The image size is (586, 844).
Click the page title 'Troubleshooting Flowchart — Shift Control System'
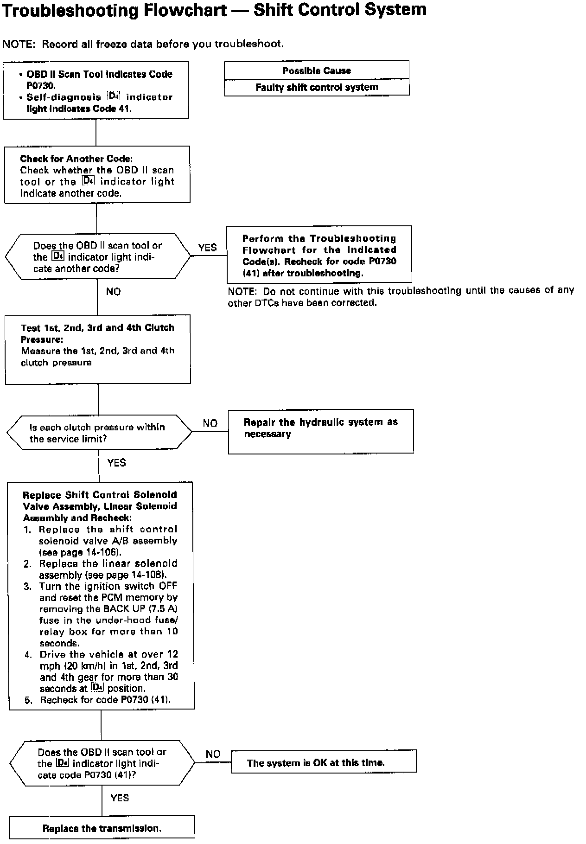[214, 10]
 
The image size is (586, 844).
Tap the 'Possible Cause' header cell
[317, 71]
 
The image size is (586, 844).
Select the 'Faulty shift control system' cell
[317, 87]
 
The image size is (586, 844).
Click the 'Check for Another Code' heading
[76, 159]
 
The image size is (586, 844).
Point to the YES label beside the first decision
[207, 248]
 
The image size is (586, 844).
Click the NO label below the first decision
[113, 292]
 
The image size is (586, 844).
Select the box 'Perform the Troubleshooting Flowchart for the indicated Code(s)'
[319, 255]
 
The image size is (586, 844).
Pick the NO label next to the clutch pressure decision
[210, 423]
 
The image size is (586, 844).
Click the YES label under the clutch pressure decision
[116, 463]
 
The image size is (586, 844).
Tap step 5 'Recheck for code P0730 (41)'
[105, 700]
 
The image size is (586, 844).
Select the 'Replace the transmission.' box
[102, 828]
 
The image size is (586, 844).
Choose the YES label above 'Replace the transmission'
[120, 798]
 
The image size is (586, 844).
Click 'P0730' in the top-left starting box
[41, 85]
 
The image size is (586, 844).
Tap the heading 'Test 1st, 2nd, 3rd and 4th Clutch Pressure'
[97, 333]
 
